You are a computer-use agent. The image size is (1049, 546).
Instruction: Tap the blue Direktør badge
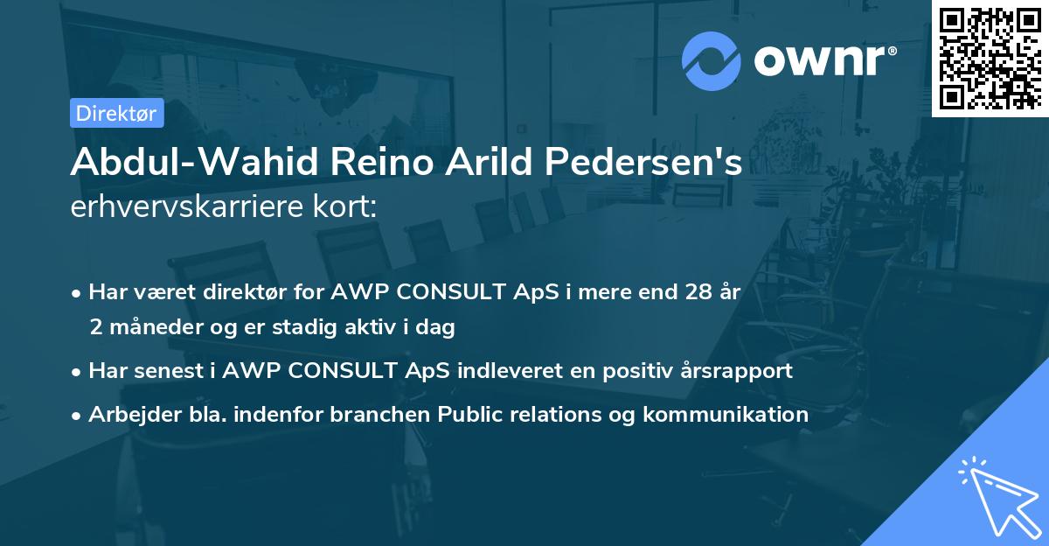click(x=116, y=113)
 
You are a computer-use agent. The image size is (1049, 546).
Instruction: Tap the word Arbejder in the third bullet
click(x=126, y=414)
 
